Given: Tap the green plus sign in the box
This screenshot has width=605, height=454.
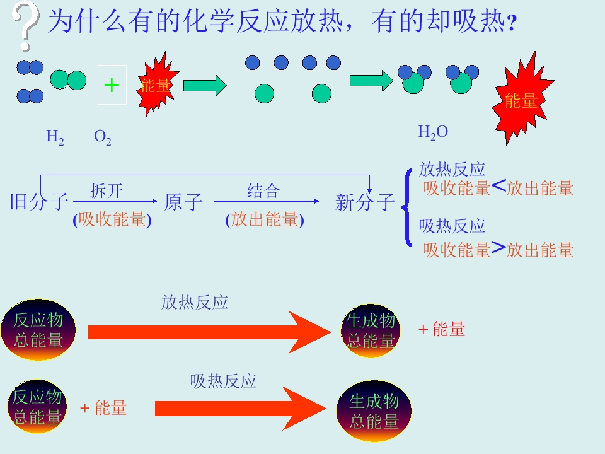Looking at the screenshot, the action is [x=112, y=85].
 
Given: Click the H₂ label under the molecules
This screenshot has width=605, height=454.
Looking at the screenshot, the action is [x=55, y=137].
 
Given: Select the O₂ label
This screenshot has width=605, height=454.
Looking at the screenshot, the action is [x=103, y=137].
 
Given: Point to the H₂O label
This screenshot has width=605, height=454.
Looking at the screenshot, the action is [x=433, y=132].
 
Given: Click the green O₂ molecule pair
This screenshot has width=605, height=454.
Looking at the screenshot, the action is [x=68, y=80].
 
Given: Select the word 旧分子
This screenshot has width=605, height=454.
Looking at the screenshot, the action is [x=39, y=202].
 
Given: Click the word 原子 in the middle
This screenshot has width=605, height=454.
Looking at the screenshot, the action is [x=183, y=202].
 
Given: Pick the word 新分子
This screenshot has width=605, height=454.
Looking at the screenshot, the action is [x=365, y=202].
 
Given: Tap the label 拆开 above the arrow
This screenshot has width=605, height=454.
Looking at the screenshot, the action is [x=107, y=190].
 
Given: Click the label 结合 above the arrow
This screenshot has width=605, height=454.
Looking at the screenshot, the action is [x=263, y=190].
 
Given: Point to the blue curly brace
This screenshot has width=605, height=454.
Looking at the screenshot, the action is [x=406, y=207].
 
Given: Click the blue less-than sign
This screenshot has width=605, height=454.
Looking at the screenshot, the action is [x=498, y=187].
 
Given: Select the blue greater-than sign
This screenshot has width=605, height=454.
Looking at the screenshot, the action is [x=498, y=248].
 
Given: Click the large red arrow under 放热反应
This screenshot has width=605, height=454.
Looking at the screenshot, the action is [x=209, y=332].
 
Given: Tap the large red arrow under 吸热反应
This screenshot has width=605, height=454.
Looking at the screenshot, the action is [x=240, y=409].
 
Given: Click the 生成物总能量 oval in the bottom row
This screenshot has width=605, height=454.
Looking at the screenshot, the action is [x=374, y=410].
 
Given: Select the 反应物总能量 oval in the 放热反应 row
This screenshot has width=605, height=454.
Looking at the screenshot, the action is [x=38, y=330].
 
